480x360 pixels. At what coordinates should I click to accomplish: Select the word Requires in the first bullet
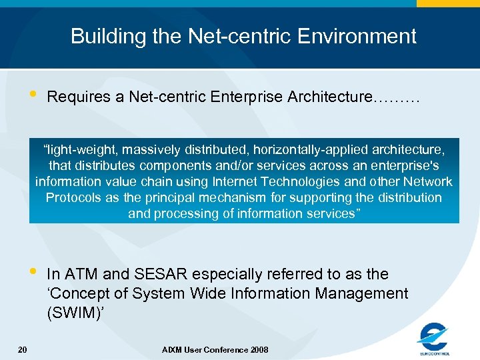click(x=79, y=97)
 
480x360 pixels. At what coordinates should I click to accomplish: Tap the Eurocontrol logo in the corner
click(x=433, y=339)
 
